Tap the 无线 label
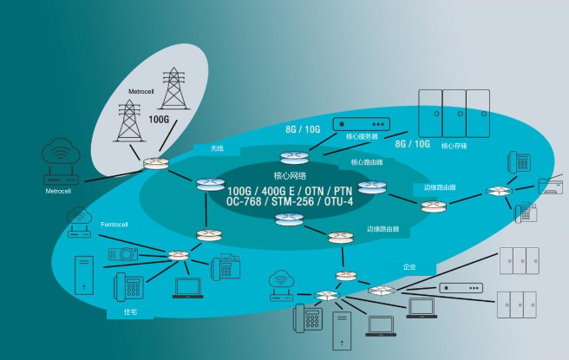217,148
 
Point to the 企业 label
409,266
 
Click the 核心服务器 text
362,136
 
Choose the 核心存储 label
454,146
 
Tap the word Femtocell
114,225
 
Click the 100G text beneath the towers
160,119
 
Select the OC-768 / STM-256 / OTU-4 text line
289,201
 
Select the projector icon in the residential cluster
121,255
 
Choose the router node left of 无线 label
157,163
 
